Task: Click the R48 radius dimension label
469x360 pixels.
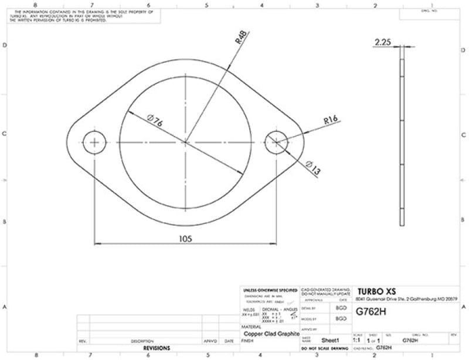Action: [241, 39]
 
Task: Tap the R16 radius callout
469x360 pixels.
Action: [331, 120]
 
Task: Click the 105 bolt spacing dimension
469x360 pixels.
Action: [185, 239]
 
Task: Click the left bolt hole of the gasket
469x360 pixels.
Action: [94, 142]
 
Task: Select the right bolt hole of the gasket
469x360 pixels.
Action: [276, 142]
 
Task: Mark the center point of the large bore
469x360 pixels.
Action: [185, 142]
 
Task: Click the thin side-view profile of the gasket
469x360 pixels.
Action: [402, 141]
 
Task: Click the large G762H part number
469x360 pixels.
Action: [372, 313]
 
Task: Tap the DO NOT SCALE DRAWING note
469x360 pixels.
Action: [325, 348]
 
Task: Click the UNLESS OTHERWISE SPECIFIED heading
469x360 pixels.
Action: [269, 290]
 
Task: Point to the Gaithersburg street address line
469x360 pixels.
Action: [407, 299]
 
